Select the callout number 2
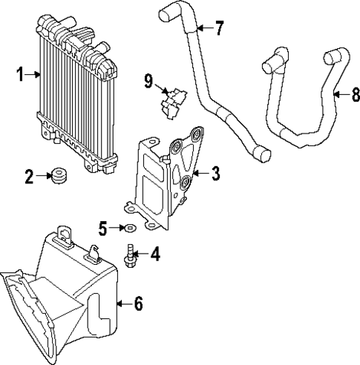29,177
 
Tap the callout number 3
215,174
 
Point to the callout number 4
154,254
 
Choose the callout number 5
104,226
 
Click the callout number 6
138,303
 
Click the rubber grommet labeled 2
56,177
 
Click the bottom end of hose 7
261,154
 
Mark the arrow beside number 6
123,303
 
